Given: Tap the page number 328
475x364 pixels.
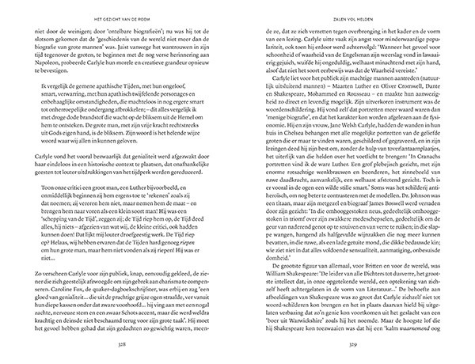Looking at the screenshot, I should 118,345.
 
